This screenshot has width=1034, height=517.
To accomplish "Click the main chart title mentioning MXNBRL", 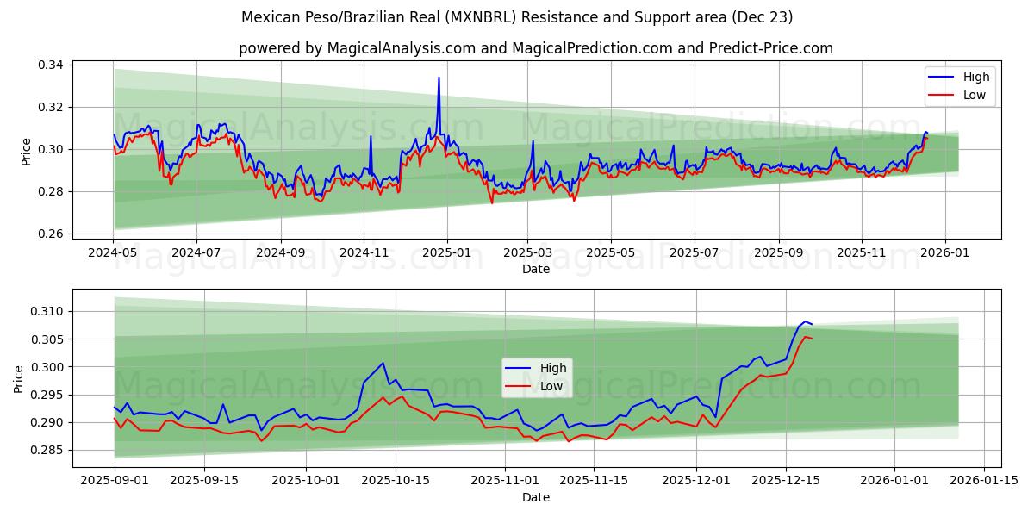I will pyautogui.click(x=517, y=17).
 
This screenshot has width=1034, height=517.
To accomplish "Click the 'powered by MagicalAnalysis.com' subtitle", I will pyautogui.click(x=535, y=48).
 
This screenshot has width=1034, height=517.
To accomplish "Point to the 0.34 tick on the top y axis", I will pyautogui.click(x=51, y=65).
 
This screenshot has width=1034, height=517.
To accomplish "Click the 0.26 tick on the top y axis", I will pyautogui.click(x=51, y=234).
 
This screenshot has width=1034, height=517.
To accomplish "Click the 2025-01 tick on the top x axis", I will pyautogui.click(x=445, y=252).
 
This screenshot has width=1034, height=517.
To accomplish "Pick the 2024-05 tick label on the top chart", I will pyautogui.click(x=113, y=252).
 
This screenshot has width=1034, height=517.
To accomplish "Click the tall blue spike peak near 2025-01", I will pyautogui.click(x=439, y=78).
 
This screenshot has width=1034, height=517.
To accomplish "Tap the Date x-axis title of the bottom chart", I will pyautogui.click(x=535, y=497).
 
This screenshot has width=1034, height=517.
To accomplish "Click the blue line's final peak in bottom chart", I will pyautogui.click(x=805, y=321).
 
